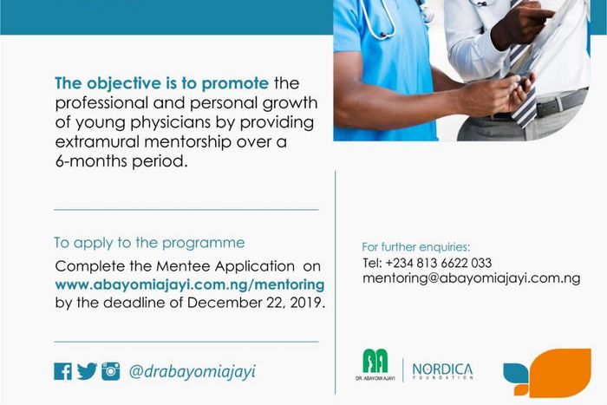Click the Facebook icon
62,371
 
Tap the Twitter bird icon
87,371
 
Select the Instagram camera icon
110,371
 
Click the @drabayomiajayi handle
192,372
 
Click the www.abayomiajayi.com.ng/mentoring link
189,284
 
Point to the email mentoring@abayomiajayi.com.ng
471,279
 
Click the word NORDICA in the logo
442,369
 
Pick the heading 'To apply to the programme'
149,243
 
